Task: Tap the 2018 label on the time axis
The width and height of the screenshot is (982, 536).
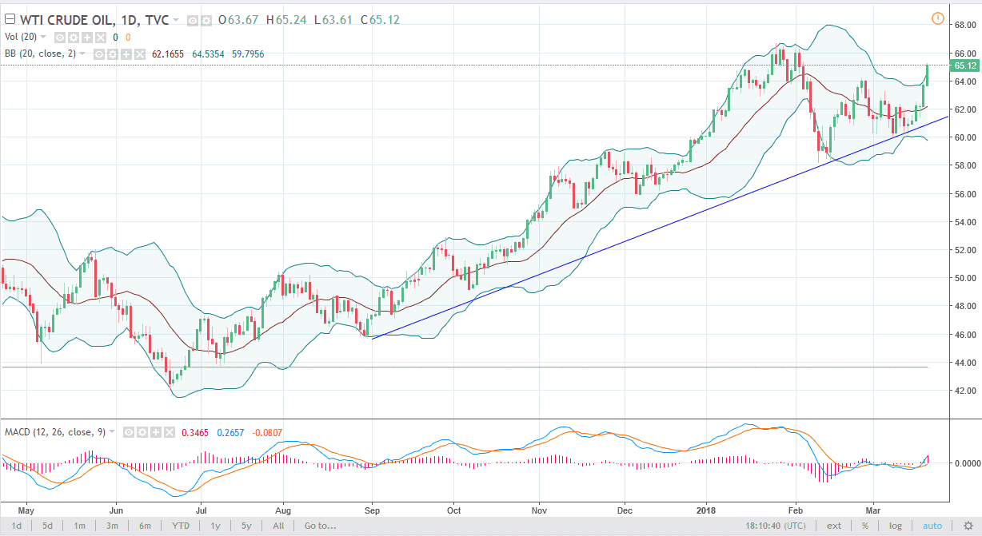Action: pyautogui.click(x=705, y=508)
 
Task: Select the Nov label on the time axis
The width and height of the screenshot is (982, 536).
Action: pyautogui.click(x=539, y=508)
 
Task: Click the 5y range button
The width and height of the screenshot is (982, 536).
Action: pyautogui.click(x=247, y=526)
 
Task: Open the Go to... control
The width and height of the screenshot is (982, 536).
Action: pyautogui.click(x=320, y=526)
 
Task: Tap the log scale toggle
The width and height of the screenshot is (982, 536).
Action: pyautogui.click(x=895, y=526)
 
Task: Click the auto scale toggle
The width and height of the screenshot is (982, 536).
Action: pyautogui.click(x=932, y=526)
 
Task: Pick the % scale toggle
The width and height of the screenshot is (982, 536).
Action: pyautogui.click(x=864, y=526)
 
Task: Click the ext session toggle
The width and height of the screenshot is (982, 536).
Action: pyautogui.click(x=834, y=526)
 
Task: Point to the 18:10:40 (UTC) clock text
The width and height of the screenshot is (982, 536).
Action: pyautogui.click(x=776, y=526)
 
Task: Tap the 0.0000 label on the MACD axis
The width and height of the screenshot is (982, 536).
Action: pyautogui.click(x=962, y=463)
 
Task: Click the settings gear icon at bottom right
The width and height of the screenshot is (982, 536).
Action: pyautogui.click(x=968, y=526)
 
